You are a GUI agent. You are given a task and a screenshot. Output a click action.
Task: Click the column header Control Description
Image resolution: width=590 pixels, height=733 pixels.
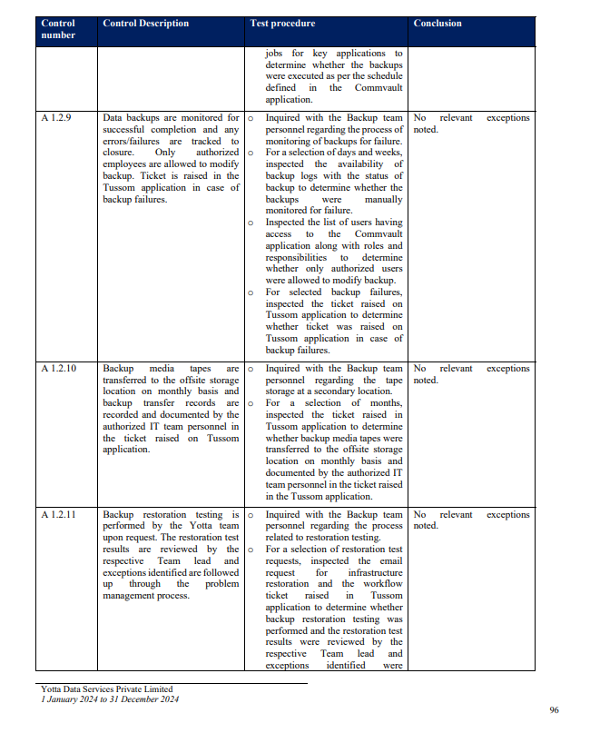click(145, 24)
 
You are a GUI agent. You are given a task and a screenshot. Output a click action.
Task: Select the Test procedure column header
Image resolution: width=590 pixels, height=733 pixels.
click(282, 24)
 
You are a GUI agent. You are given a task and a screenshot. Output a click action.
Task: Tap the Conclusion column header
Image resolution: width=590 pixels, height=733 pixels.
click(438, 24)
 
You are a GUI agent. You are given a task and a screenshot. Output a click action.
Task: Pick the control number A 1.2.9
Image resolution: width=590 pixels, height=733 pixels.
click(56, 118)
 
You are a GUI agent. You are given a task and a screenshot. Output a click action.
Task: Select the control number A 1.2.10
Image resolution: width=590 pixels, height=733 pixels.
click(59, 369)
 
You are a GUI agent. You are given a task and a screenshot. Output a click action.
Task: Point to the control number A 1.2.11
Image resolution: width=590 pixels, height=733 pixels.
click(59, 515)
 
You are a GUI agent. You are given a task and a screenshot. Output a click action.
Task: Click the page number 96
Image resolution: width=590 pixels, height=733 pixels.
click(554, 709)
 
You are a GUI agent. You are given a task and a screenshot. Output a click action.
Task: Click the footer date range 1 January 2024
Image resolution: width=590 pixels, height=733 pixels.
click(72, 698)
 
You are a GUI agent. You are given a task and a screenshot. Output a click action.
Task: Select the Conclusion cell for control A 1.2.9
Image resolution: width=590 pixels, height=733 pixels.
click(471, 124)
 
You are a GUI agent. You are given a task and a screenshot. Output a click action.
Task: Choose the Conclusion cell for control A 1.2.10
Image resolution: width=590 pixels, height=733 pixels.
click(471, 374)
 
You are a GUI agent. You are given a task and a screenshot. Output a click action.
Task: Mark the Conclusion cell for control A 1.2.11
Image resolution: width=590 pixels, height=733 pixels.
click(471, 520)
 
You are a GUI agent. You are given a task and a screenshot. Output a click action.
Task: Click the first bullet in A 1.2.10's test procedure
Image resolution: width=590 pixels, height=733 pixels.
click(251, 369)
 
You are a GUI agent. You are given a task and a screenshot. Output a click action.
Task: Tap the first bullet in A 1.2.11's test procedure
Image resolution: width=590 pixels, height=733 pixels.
click(251, 515)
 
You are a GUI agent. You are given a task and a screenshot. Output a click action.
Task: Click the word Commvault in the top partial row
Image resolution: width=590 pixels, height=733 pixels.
click(376, 88)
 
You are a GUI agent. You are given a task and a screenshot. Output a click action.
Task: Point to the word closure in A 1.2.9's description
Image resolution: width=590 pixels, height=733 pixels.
click(118, 153)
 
